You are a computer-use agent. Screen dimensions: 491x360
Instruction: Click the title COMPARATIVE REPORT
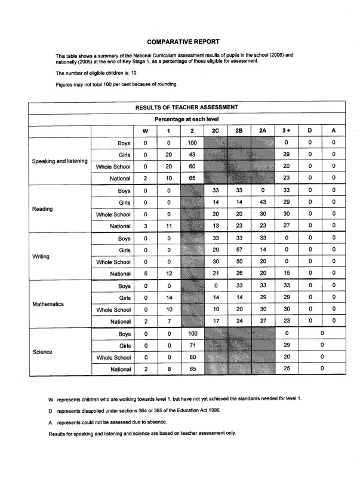pos(180,42)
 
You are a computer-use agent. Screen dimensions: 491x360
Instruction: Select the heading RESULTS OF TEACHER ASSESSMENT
pos(187,108)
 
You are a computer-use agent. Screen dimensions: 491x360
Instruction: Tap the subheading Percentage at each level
pos(187,119)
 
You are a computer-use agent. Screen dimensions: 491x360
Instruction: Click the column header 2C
pos(216,131)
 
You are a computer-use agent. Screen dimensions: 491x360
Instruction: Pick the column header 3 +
pos(286,131)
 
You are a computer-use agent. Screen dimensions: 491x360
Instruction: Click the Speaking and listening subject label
pos(60,161)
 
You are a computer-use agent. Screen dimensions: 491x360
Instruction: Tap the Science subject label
pos(42,352)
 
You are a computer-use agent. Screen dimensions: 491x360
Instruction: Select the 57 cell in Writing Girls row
pos(239,250)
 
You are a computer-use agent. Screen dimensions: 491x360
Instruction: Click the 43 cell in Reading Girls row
pos(263,203)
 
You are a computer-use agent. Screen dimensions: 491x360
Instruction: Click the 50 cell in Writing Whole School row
pos(239,262)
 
